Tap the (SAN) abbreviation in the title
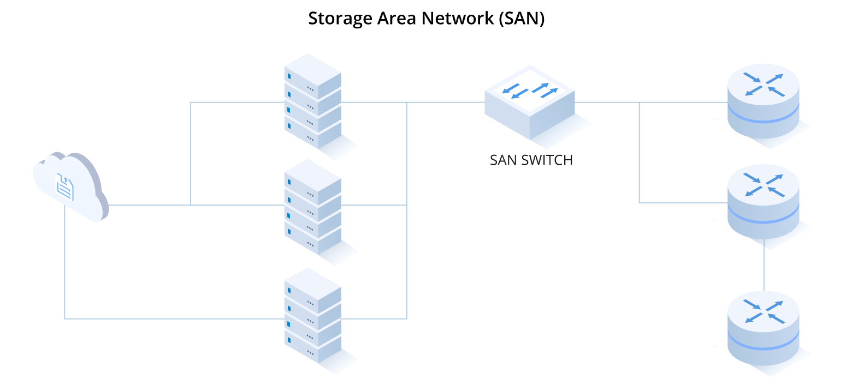(521, 18)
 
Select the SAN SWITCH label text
(531, 160)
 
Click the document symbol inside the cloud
(65, 187)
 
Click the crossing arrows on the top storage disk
(764, 85)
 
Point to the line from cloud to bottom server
(164, 318)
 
